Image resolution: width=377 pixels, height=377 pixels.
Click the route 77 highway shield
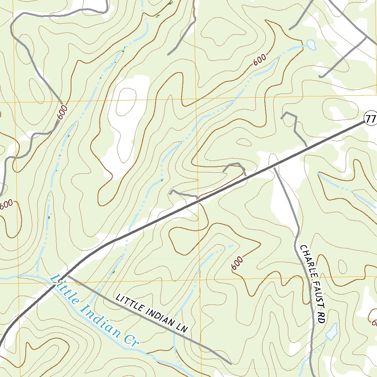point(371,119)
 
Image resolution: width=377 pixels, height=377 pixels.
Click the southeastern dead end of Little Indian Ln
point(230,364)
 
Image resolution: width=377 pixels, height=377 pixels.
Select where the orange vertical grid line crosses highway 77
point(198,200)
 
